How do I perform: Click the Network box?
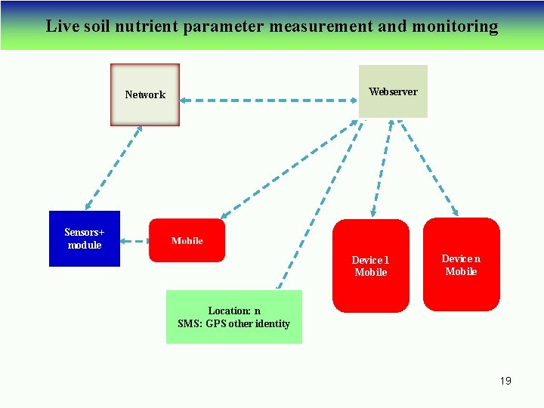[x=145, y=94]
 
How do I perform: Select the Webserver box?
[x=393, y=91]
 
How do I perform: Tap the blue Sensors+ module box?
[x=85, y=239]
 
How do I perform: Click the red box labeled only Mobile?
[x=187, y=240]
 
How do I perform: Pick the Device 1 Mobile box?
[x=371, y=266]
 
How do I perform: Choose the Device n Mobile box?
[x=461, y=264]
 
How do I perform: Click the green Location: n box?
[x=234, y=317]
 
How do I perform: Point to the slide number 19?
[x=505, y=381]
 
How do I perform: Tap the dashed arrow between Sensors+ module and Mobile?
[x=134, y=242]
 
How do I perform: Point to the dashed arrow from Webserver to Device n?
[x=428, y=167]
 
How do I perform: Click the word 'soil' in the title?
[x=94, y=26]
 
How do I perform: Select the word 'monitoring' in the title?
[x=455, y=26]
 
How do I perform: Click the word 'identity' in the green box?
[x=273, y=323]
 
